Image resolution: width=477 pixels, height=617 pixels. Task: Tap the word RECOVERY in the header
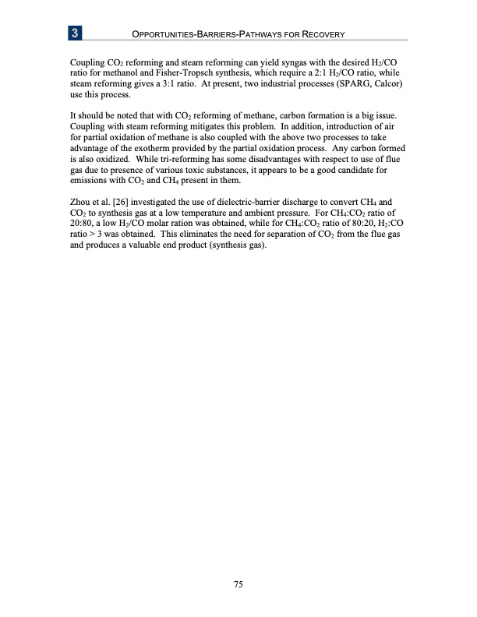click(x=320, y=35)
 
